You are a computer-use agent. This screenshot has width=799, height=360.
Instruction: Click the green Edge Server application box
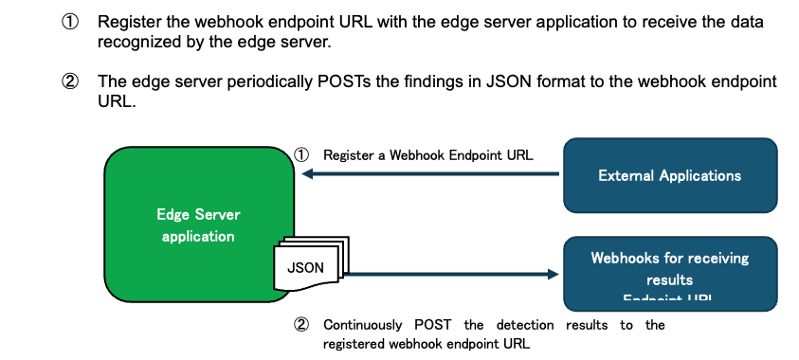click(x=190, y=189)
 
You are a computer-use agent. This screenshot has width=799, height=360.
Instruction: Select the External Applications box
click(x=669, y=175)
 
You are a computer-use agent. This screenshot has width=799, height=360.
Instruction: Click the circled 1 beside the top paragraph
click(x=70, y=21)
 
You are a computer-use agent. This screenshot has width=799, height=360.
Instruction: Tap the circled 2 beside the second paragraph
click(x=70, y=82)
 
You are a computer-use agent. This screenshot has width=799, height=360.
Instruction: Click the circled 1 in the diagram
click(x=300, y=154)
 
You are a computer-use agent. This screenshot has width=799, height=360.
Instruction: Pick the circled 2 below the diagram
click(x=300, y=325)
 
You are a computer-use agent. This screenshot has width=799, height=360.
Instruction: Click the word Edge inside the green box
click(x=172, y=215)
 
